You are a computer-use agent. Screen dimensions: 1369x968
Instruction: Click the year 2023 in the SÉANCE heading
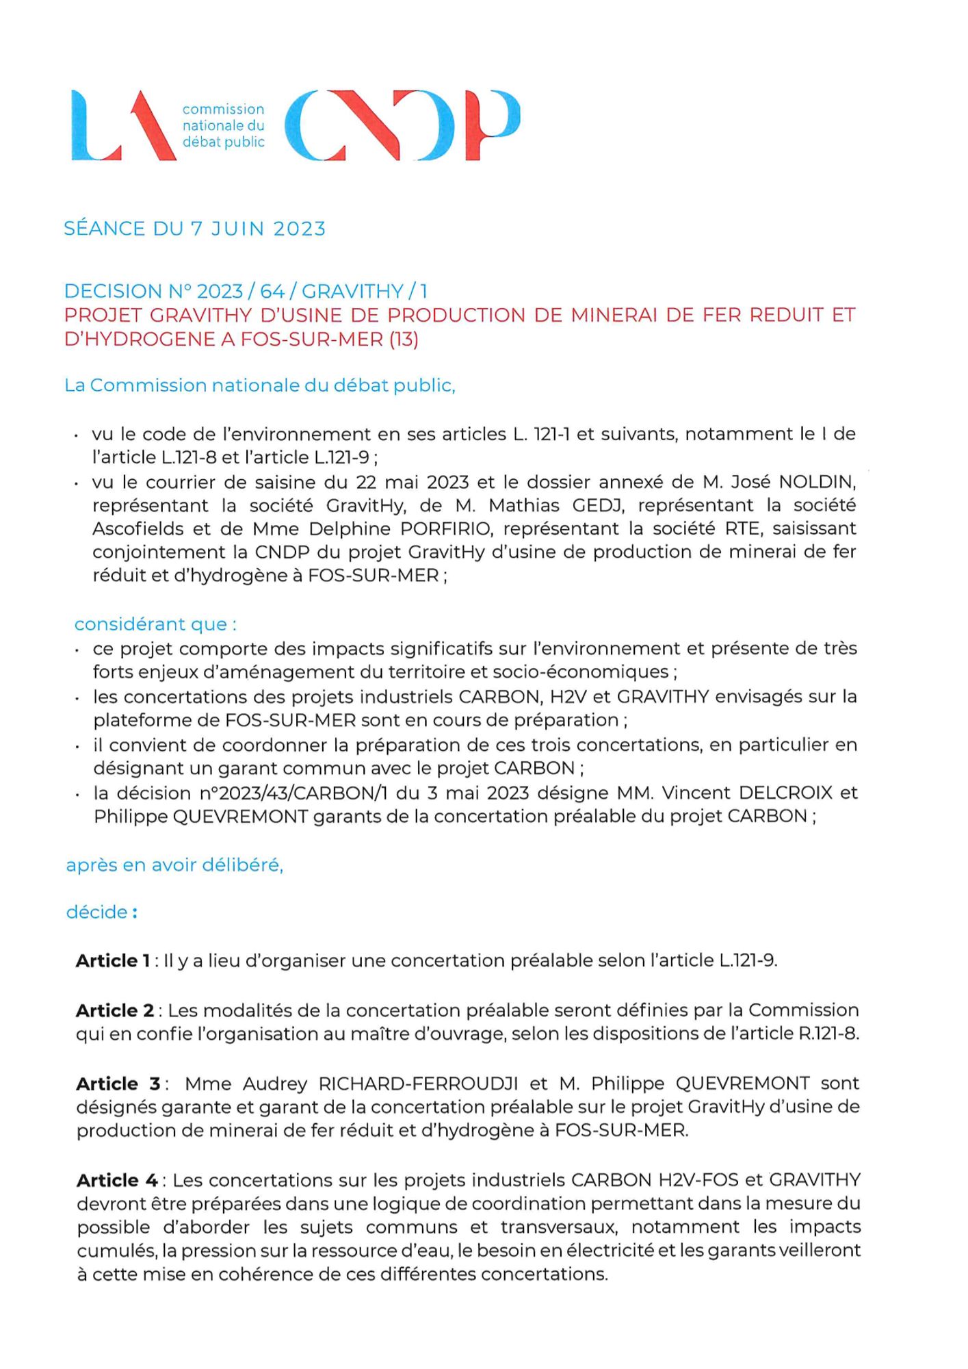click(299, 229)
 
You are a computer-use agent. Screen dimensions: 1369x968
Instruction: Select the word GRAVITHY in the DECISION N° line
click(352, 292)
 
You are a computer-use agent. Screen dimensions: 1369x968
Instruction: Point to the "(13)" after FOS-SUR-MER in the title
click(404, 340)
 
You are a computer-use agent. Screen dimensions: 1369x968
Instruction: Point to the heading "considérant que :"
click(155, 624)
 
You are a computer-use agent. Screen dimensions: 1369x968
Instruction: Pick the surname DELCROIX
click(786, 793)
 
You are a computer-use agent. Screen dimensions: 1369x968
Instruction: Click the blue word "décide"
click(97, 912)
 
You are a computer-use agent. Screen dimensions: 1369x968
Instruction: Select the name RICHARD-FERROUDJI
click(418, 1084)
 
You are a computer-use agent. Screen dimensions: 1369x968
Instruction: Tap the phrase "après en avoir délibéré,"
click(174, 865)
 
